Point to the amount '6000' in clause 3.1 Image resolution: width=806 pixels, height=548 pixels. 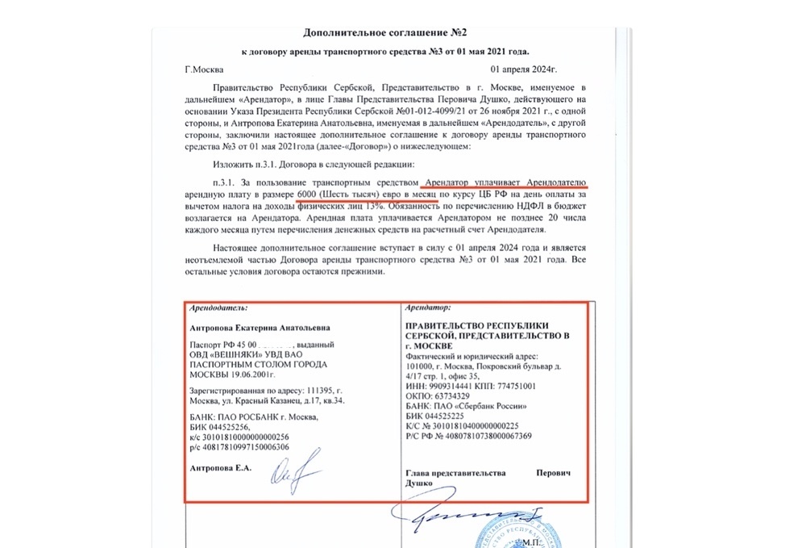point(307,195)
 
